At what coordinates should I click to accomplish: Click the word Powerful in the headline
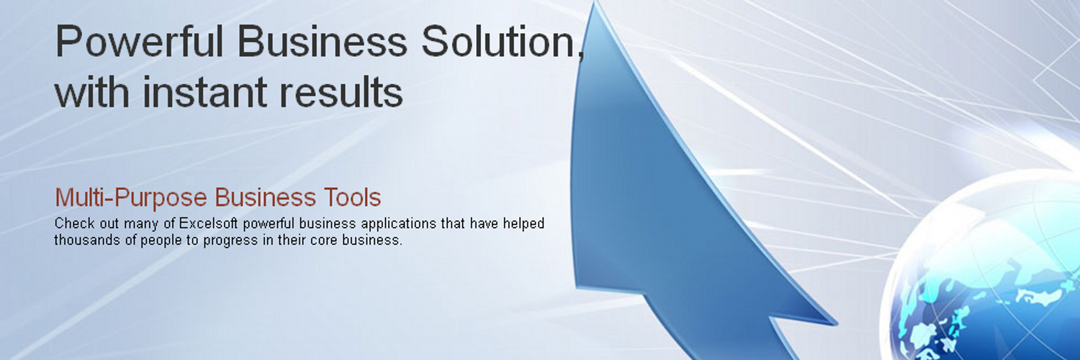(140, 42)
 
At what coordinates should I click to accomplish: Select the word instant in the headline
(205, 91)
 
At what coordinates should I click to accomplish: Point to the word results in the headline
(341, 91)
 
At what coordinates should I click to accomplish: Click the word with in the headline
(92, 91)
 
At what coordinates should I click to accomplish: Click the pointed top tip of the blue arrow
(596, 3)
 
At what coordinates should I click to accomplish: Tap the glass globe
(984, 270)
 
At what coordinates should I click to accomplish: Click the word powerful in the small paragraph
(268, 224)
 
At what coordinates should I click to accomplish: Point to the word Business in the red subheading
(265, 197)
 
